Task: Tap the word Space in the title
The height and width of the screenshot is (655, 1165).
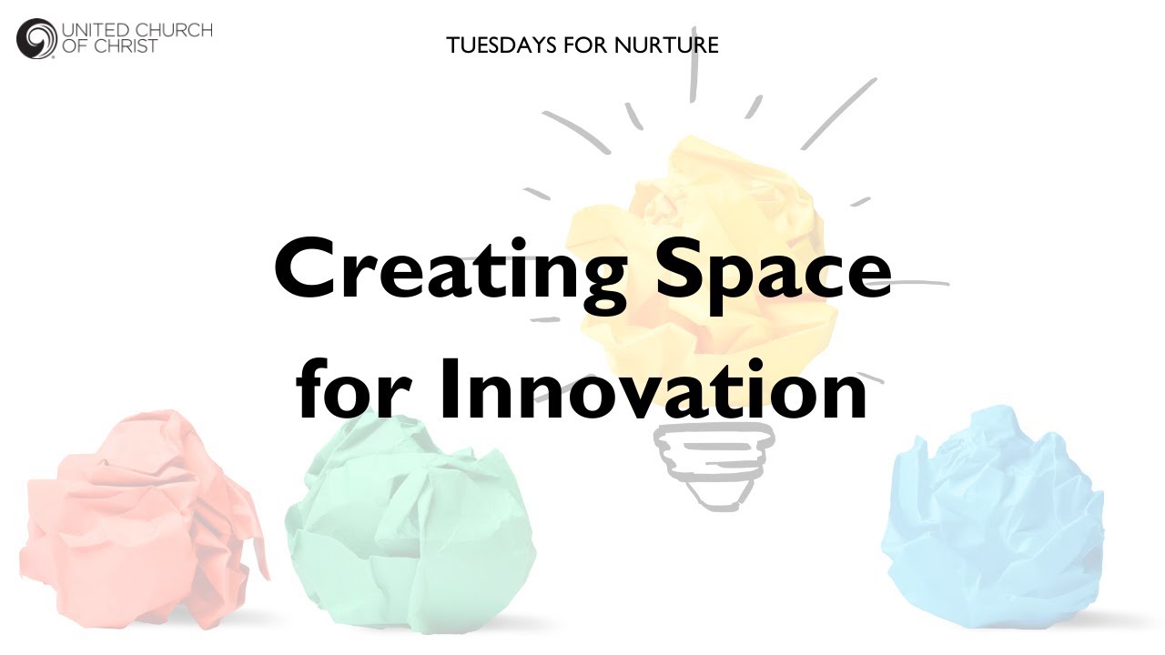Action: tap(773, 270)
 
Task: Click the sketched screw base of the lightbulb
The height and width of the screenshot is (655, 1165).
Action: tap(714, 464)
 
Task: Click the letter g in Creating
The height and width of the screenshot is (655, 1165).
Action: tap(594, 277)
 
